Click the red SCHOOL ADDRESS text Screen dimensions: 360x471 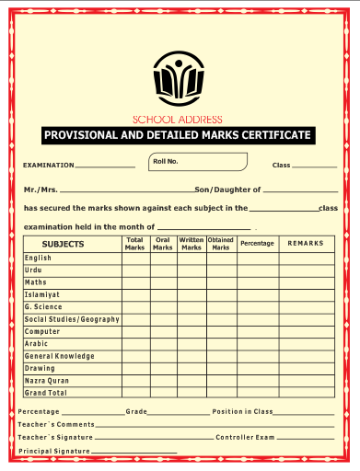[x=178, y=119]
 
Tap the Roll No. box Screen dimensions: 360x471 [x=198, y=163]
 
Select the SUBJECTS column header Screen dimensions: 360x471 [x=64, y=244]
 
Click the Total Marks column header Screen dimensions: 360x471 [x=134, y=244]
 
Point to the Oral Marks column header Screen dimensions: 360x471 [x=163, y=244]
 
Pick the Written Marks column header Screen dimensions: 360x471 [x=192, y=244]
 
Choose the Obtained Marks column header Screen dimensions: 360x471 [x=221, y=244]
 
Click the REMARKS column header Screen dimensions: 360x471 [x=306, y=243]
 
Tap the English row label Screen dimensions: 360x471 [x=39, y=258]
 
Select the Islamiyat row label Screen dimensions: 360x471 [x=42, y=294]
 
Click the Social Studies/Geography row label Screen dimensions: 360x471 [x=72, y=319]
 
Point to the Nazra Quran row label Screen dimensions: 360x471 [x=47, y=380]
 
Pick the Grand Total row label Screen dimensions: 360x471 [x=46, y=393]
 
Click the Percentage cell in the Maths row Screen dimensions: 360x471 [x=257, y=282]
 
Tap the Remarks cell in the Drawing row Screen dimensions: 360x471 [x=306, y=368]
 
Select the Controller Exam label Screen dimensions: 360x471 [x=245, y=437]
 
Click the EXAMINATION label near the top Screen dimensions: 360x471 [x=48, y=166]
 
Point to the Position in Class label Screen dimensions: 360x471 [x=242, y=411]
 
